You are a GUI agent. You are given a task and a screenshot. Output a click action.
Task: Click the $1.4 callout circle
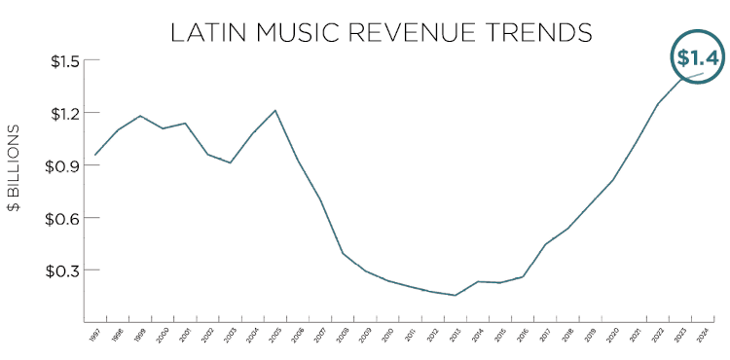[697, 58]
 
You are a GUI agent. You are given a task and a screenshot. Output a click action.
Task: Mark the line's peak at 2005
[275, 110]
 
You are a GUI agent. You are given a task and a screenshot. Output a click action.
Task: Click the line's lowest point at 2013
[456, 295]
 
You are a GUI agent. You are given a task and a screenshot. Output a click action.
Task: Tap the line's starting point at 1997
[94, 155]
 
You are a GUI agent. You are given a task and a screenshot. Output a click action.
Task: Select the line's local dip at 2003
[230, 162]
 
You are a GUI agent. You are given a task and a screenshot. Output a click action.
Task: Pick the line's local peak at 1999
[141, 116]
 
